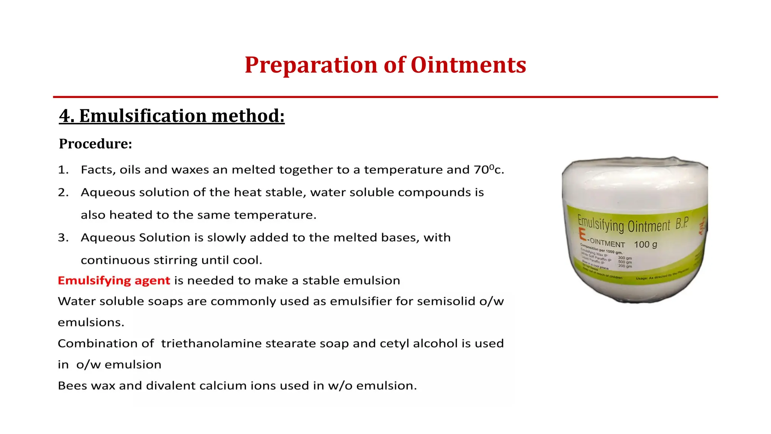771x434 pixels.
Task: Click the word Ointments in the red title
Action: [x=468, y=65]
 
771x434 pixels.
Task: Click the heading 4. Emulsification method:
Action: [x=172, y=116]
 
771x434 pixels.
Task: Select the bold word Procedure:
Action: [x=96, y=144]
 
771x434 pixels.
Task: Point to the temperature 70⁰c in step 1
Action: [x=488, y=170]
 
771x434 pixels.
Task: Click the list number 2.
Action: [x=63, y=192]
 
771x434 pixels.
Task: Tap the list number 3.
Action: [x=63, y=237]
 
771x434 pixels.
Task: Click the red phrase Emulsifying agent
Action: [x=114, y=280]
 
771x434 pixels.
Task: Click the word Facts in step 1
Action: [x=98, y=170]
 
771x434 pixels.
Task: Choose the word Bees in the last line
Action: [x=72, y=385]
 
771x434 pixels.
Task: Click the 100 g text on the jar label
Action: [x=645, y=244]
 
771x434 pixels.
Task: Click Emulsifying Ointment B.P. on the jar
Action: [x=632, y=225]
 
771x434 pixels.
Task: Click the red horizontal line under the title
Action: [x=385, y=97]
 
